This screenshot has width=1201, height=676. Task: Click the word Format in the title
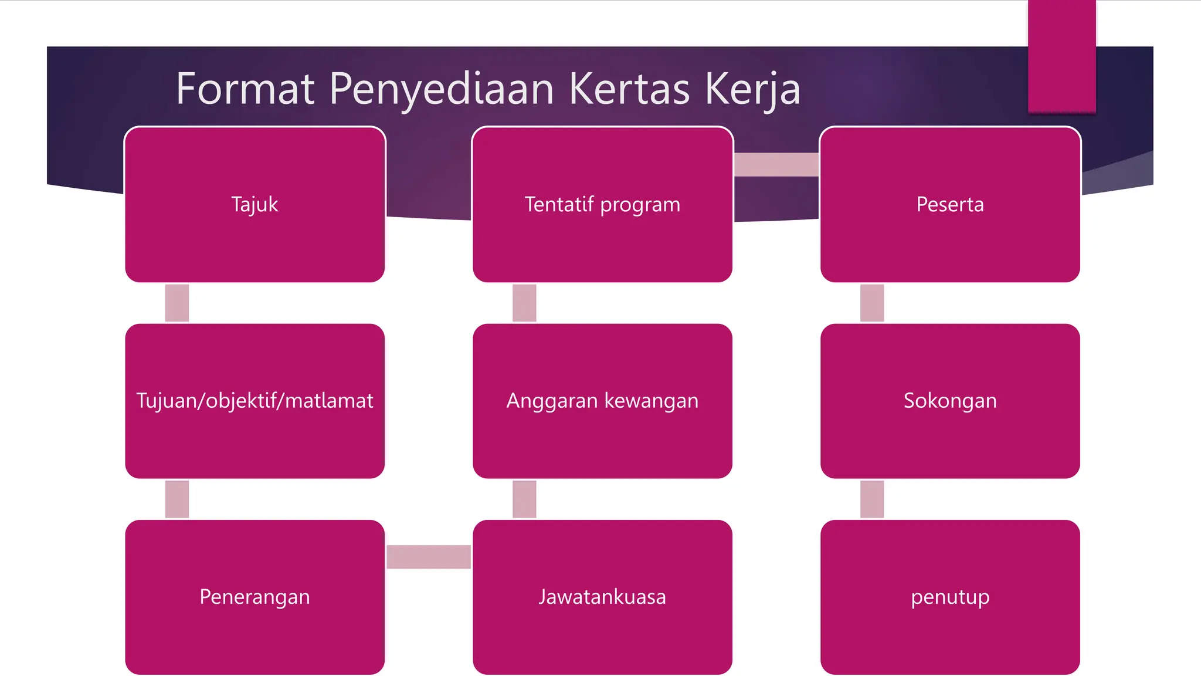(245, 89)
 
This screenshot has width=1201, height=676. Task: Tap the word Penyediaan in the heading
(442, 89)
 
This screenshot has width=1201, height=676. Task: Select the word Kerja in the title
(752, 89)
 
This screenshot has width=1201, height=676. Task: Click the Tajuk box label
(255, 204)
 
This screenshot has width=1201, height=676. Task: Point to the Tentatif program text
(602, 204)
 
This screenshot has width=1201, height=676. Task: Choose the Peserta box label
(950, 204)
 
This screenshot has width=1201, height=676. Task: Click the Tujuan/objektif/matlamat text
(255, 401)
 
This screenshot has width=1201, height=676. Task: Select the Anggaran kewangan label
(602, 401)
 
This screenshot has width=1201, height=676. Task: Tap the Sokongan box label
(950, 401)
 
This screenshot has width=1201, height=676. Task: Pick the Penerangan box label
(255, 597)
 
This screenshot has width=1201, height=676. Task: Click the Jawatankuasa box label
(602, 597)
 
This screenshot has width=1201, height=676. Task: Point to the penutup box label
(950, 597)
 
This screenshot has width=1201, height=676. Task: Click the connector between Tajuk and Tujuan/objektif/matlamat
(177, 303)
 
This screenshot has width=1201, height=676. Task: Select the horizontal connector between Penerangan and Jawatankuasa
(429, 556)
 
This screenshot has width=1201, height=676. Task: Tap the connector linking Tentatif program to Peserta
(776, 164)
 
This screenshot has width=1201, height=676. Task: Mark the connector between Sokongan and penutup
(872, 499)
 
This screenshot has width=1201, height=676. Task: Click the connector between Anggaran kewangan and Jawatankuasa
(524, 499)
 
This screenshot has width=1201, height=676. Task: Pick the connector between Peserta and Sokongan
(872, 303)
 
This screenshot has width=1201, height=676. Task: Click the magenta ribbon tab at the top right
(1061, 56)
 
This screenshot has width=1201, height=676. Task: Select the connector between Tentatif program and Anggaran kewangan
(524, 303)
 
